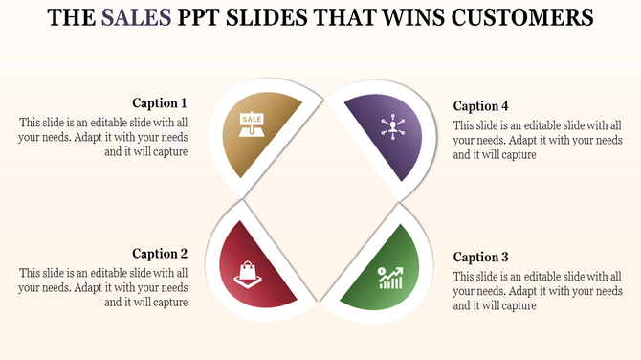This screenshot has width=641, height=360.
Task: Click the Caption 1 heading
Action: [x=160, y=103]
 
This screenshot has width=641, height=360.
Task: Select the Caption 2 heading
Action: [x=160, y=254]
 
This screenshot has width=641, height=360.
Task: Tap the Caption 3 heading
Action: [x=480, y=257]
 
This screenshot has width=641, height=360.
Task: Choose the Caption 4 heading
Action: [x=480, y=106]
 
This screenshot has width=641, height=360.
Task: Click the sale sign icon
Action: [x=252, y=123]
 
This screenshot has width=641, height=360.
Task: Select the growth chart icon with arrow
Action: [x=389, y=277]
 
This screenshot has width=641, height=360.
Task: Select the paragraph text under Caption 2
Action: [x=104, y=287]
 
